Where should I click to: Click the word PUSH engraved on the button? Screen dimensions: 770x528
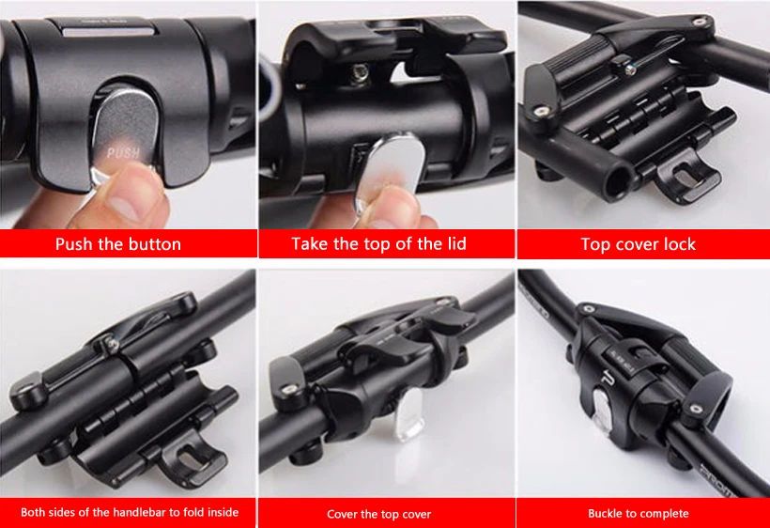pos(123,153)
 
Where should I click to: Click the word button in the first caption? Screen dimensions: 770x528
pos(152,244)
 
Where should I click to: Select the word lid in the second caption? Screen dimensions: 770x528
pos(454,243)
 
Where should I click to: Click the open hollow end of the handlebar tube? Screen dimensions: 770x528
pos(618,181)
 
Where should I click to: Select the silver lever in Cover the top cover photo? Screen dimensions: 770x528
pos(409,414)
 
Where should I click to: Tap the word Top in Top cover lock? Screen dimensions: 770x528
pos(595,244)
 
